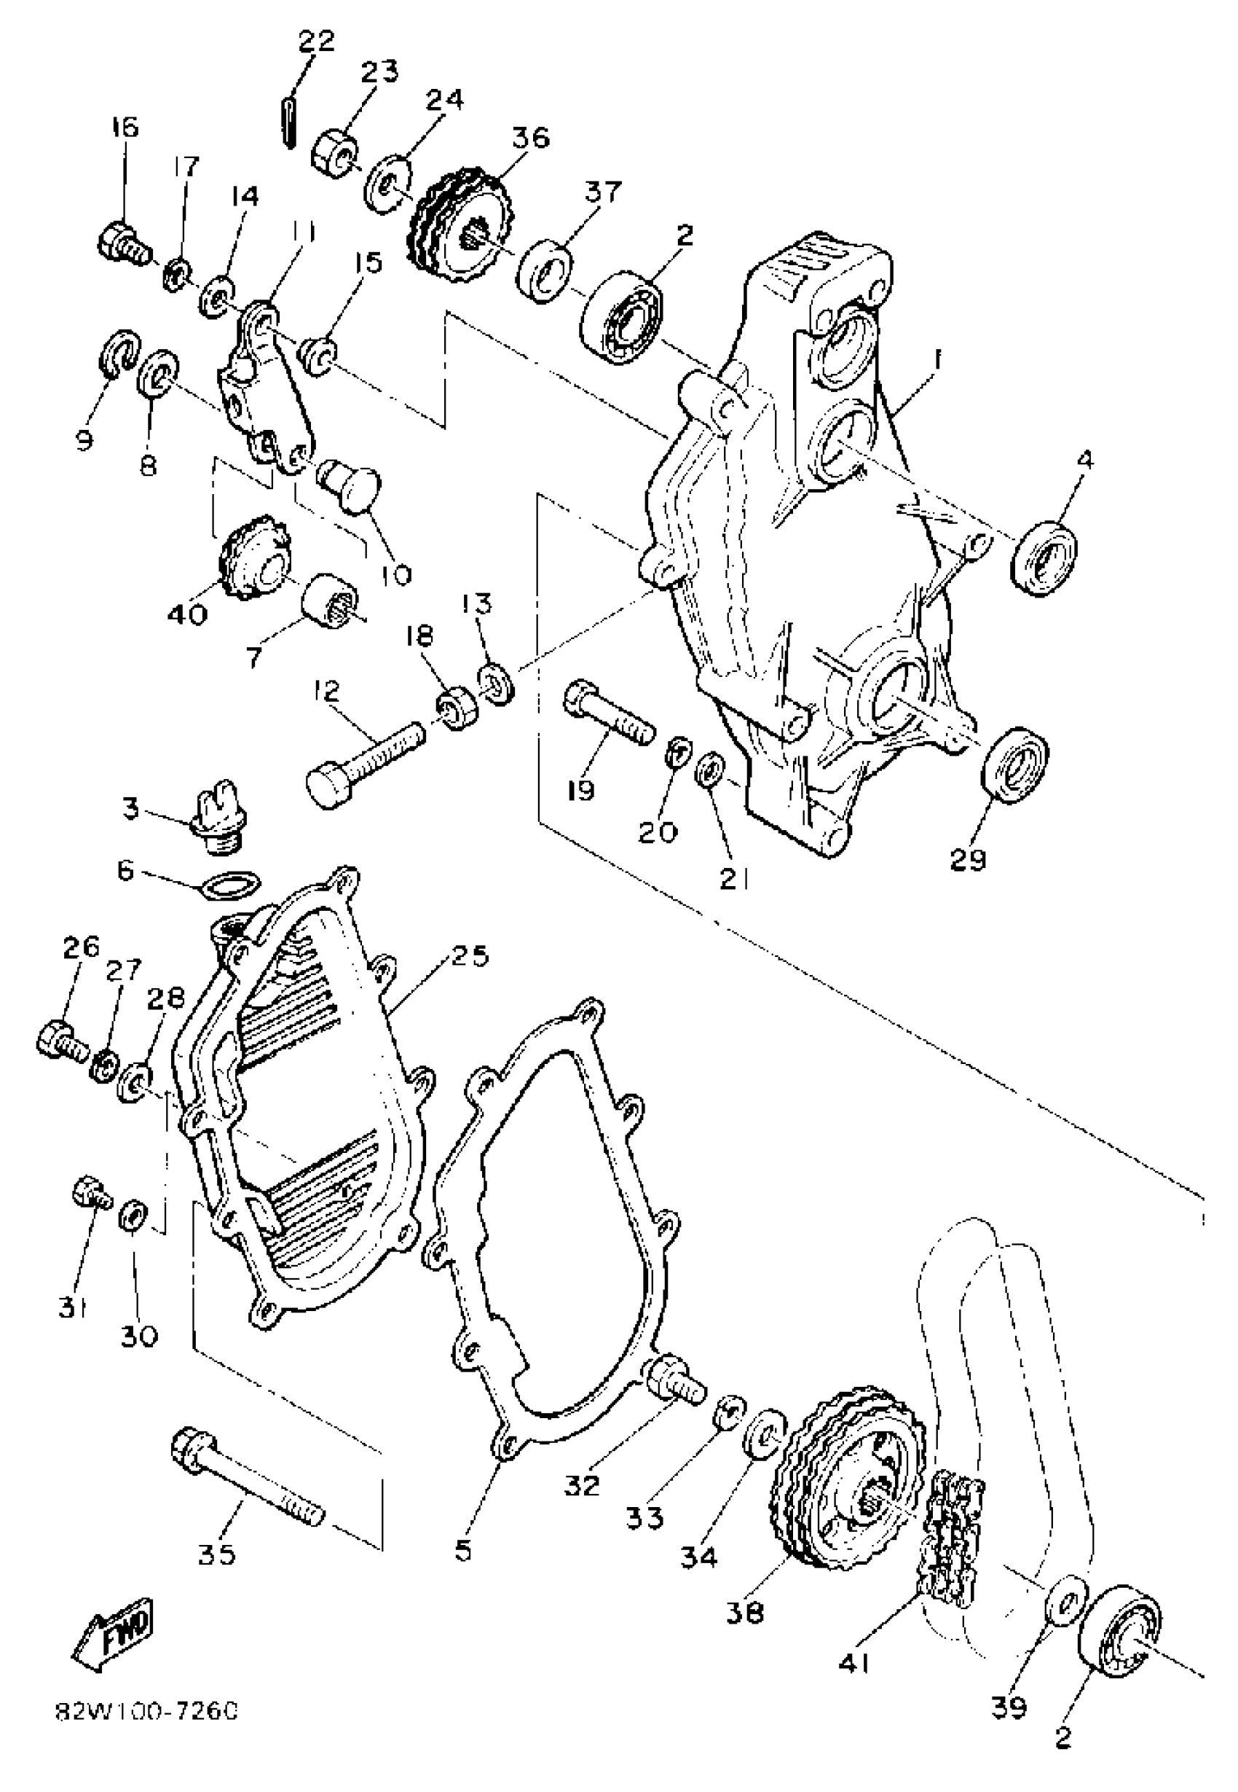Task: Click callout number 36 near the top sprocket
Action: pyautogui.click(x=531, y=137)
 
